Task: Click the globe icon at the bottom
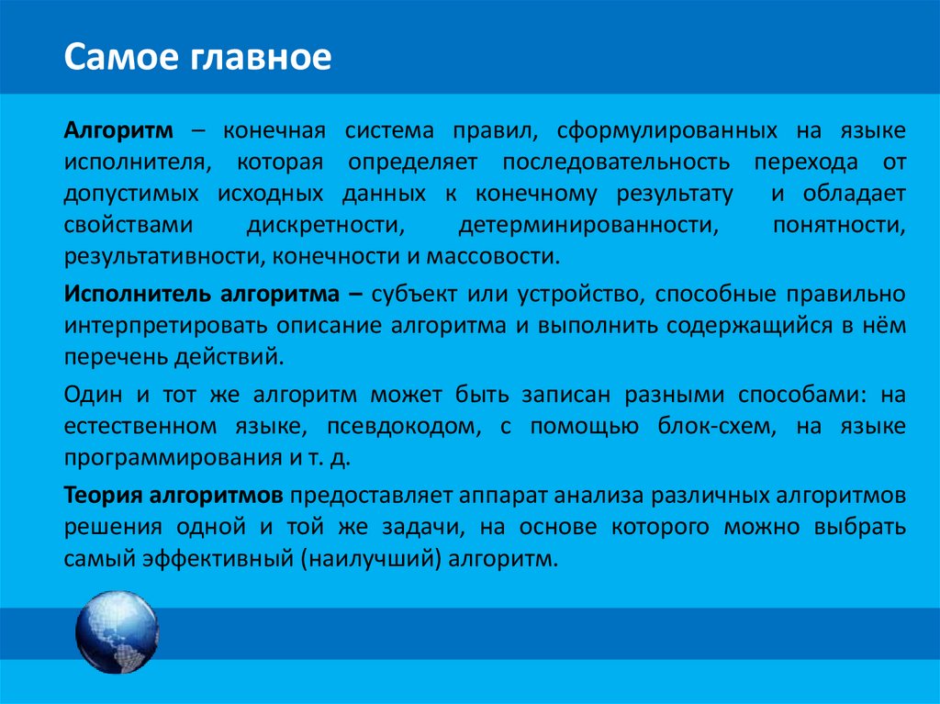click(117, 633)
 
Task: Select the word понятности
click(840, 225)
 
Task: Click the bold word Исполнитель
click(138, 294)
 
